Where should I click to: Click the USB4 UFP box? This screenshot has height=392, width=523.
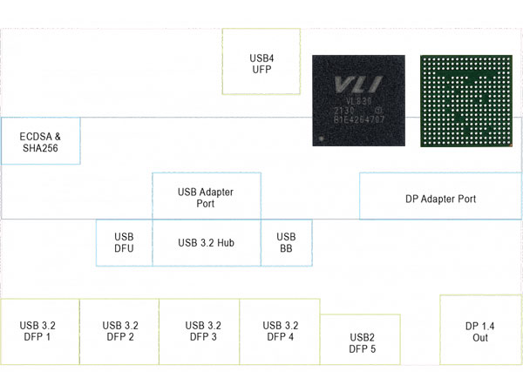(261, 62)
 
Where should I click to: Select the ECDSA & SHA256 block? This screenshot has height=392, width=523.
(40, 141)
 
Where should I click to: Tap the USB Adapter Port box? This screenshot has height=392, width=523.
(206, 197)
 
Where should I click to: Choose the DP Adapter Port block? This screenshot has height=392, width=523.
(440, 199)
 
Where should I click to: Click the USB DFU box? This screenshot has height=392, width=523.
(124, 242)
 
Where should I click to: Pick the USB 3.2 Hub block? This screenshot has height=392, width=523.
(206, 242)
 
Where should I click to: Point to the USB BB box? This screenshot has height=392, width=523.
(286, 242)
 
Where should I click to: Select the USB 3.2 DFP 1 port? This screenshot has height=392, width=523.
(40, 331)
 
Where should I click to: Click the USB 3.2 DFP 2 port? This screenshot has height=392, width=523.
(119, 331)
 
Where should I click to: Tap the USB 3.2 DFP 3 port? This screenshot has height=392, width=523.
(200, 331)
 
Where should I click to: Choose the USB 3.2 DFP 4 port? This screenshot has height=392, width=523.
(280, 331)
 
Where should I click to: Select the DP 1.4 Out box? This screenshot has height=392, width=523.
(480, 331)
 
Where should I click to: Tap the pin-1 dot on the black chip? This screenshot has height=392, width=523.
(323, 138)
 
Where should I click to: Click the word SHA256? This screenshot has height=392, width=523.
(41, 148)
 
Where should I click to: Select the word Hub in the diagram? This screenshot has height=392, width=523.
(225, 242)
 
